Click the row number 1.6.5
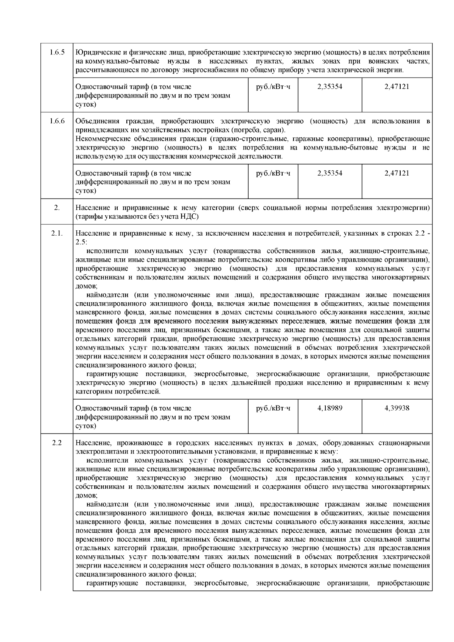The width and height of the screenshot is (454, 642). [x=57, y=52]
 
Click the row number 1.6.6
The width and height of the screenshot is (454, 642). [x=57, y=121]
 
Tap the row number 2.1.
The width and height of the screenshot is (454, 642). [x=57, y=233]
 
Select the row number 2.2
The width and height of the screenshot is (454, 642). [x=57, y=443]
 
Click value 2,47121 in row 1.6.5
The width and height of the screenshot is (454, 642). [x=397, y=87]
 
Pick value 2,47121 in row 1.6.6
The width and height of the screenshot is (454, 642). [x=397, y=173]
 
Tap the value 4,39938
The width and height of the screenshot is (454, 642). [x=397, y=408]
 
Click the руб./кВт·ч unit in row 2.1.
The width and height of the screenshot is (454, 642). [x=273, y=408]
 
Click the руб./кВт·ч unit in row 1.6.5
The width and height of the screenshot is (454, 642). [x=273, y=87]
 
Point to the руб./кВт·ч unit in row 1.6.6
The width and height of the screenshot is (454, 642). [x=273, y=173]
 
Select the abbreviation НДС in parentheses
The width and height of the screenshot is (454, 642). [x=190, y=217]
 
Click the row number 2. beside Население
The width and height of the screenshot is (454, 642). [x=57, y=208]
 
